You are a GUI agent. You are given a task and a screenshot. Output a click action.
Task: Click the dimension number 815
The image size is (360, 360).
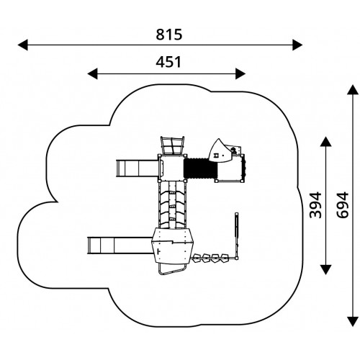(169, 35)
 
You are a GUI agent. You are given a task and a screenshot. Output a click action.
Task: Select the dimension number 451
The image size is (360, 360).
(168, 62)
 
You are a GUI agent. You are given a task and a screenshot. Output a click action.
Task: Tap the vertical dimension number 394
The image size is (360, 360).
(315, 205)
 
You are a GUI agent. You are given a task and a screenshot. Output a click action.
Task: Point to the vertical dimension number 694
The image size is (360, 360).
(342, 205)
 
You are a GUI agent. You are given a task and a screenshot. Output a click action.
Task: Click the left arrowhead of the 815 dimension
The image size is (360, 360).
(23, 45)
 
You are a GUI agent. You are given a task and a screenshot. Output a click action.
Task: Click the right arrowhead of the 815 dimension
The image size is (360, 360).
(297, 45)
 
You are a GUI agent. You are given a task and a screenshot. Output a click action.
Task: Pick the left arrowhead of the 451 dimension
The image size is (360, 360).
(92, 73)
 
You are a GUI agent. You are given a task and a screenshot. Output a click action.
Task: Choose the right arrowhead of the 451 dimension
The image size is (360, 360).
(240, 73)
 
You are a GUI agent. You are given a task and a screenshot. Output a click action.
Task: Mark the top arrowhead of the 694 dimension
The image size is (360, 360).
(353, 89)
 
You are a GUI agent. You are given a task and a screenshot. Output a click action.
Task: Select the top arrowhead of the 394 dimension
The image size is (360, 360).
(326, 142)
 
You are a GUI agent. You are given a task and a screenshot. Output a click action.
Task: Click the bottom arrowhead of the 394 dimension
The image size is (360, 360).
(326, 270)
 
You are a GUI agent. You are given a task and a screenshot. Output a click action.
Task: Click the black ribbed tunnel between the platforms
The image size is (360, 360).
(201, 168)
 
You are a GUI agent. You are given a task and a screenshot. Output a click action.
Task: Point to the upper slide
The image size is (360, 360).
(138, 168)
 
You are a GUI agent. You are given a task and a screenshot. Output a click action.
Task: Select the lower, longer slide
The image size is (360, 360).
(120, 246)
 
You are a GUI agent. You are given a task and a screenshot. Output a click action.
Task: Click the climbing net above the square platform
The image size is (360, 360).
(173, 145)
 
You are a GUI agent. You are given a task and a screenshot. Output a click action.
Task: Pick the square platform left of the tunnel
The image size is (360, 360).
(172, 168)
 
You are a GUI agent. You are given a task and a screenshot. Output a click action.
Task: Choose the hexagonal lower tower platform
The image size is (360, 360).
(172, 246)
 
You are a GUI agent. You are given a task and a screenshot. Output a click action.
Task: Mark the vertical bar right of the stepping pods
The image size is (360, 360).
(237, 236)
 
